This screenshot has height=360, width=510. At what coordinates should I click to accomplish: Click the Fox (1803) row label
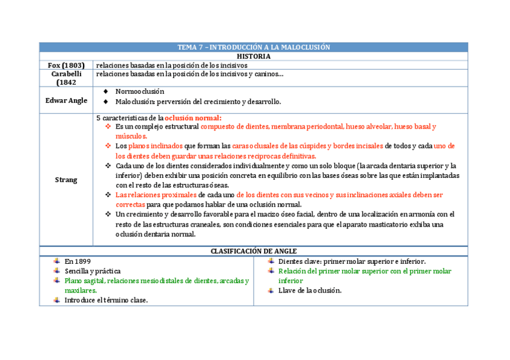coord(66,65)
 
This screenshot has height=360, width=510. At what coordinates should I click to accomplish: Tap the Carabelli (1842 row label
coord(66,78)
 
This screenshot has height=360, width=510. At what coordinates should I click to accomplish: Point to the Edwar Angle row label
coord(66,100)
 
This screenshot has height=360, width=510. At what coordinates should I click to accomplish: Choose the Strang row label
coord(66,180)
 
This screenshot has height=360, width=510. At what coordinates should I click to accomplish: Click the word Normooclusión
coord(140,91)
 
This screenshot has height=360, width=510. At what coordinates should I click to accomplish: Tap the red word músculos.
coord(131,136)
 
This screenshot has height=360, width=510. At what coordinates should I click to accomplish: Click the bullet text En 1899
coord(78,261)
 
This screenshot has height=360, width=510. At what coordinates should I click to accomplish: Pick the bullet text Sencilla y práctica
coord(93,271)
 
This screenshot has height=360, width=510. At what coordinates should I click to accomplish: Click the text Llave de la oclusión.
coord(310,290)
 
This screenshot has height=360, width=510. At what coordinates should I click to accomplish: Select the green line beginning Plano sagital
coord(156,281)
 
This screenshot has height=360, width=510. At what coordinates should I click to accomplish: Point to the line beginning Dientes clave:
coord(352,261)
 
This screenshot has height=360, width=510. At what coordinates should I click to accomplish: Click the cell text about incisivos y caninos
coord(189,74)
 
